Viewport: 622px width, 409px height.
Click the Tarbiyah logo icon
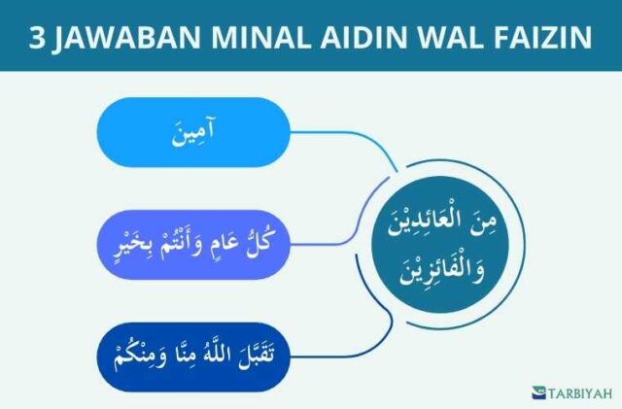tap(538, 392)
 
